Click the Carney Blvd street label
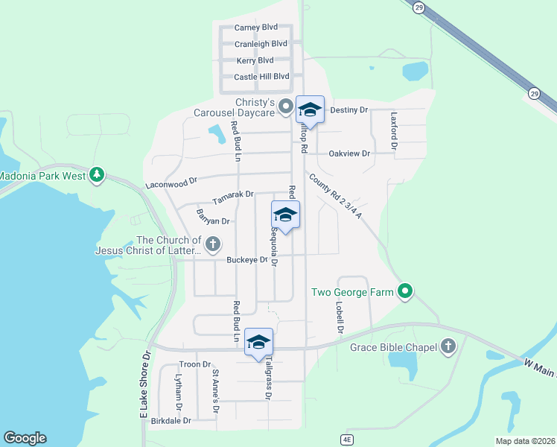(255, 28)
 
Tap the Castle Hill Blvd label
(261, 77)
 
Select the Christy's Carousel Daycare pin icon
(285, 109)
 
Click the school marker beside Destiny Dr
(310, 110)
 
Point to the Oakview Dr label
(350, 153)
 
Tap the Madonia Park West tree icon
(96, 175)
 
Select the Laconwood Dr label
(171, 181)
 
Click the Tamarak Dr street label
(233, 197)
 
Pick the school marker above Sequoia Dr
(285, 215)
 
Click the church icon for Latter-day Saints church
(213, 243)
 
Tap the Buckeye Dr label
(247, 260)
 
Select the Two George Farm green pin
(405, 291)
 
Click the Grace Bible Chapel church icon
(448, 346)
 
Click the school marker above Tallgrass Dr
(258, 342)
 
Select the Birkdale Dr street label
(171, 421)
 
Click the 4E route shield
(347, 440)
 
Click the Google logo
(25, 438)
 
